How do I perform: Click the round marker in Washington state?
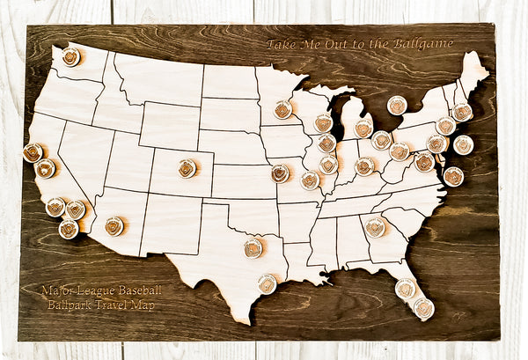click(x=70, y=56)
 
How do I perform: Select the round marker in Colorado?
click(x=187, y=168)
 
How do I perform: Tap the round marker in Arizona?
click(x=114, y=226)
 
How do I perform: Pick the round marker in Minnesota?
click(x=282, y=109)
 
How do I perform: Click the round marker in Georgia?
click(x=376, y=227)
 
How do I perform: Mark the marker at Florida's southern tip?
click(x=423, y=308)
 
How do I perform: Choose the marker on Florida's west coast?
click(x=405, y=289)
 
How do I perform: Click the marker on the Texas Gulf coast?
click(x=267, y=283)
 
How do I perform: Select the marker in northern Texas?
click(x=253, y=248)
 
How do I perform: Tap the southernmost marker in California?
click(x=69, y=229)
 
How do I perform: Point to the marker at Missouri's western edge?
click(x=280, y=173)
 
